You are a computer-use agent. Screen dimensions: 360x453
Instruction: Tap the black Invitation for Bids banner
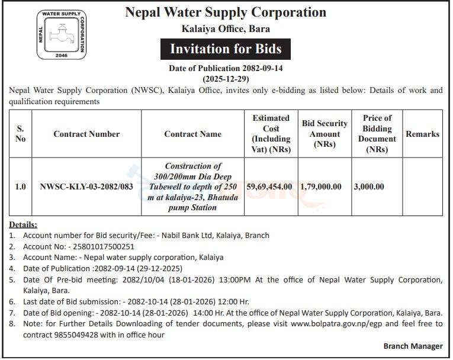tap(226, 49)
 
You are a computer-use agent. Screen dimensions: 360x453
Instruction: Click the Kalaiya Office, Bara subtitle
tap(226, 28)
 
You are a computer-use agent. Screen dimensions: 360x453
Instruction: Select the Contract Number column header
tap(86, 134)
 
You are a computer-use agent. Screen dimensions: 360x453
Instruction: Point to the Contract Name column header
tap(192, 134)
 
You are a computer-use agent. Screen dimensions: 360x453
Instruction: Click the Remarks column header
tap(422, 134)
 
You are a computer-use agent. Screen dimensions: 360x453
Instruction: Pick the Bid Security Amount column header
tap(325, 134)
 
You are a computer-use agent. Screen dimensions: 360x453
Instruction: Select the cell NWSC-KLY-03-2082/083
tap(86, 187)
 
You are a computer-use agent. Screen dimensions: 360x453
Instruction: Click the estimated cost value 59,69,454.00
tap(269, 187)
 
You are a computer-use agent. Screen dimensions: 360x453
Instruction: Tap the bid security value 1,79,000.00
tap(321, 187)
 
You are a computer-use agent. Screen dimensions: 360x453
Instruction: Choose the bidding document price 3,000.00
tap(369, 187)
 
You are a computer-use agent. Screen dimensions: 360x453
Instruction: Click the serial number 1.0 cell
tap(21, 187)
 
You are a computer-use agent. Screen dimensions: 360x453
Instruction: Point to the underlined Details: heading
tap(23, 225)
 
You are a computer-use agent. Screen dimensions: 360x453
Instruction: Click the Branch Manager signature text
tap(413, 346)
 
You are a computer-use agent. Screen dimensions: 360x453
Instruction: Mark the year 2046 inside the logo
tap(62, 54)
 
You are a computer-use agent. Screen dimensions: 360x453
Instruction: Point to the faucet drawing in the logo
tap(62, 34)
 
